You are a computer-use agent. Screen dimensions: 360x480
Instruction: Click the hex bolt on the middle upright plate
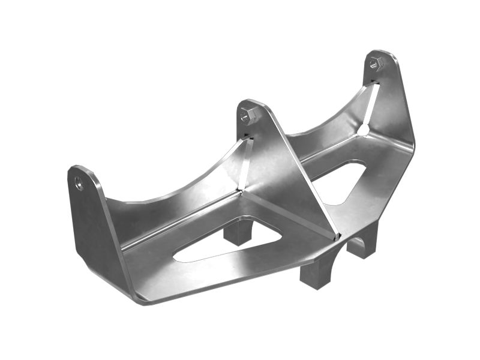click(x=247, y=115)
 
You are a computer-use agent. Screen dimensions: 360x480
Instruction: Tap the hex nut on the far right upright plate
click(x=376, y=62)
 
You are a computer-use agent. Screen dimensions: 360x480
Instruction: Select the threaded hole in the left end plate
click(x=79, y=183)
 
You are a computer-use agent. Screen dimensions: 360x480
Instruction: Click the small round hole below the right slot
click(x=364, y=129)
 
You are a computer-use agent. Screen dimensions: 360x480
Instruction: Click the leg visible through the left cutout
click(x=237, y=231)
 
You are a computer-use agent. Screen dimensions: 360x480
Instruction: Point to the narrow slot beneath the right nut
click(x=372, y=102)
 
